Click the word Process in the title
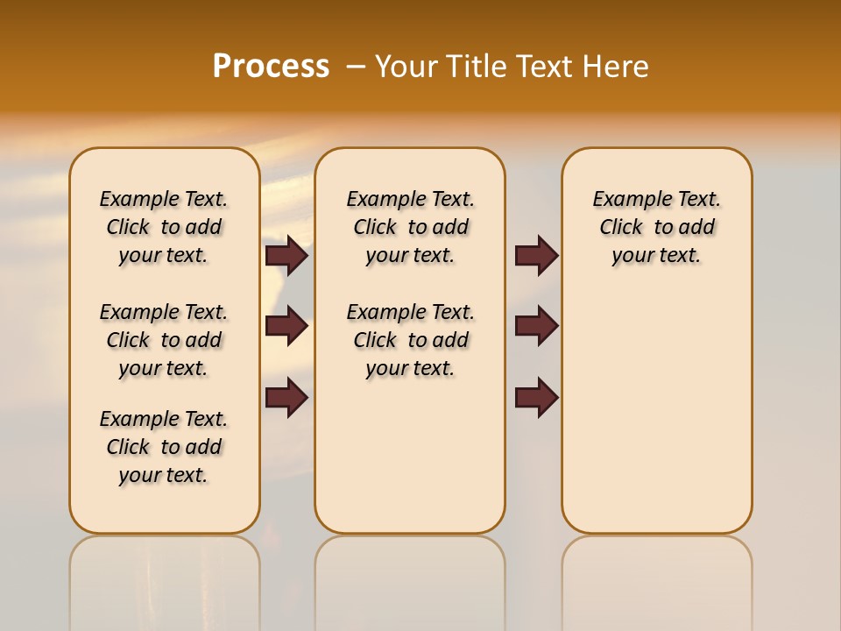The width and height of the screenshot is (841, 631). tap(271, 67)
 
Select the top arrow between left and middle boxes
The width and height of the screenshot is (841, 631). tap(286, 256)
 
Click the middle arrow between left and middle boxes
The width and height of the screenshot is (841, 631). tap(286, 327)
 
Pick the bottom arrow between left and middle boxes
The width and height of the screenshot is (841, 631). tap(286, 398)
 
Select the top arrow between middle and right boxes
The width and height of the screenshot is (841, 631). tap(536, 256)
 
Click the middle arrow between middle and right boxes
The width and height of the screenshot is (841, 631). tap(536, 327)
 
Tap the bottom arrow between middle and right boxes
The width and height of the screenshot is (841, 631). tap(536, 398)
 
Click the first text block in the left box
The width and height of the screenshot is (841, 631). tap(164, 227)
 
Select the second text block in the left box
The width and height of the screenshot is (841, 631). tap(164, 340)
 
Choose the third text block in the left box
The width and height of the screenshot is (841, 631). tap(164, 447)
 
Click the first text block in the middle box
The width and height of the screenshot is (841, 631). tap(410, 227)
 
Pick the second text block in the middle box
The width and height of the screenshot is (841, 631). tap(410, 340)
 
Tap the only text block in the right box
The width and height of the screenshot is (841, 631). tap(656, 227)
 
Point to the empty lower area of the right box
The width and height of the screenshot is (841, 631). tap(656, 412)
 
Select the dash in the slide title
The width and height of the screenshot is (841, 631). tap(356, 67)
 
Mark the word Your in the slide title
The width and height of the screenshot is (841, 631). tap(408, 67)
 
